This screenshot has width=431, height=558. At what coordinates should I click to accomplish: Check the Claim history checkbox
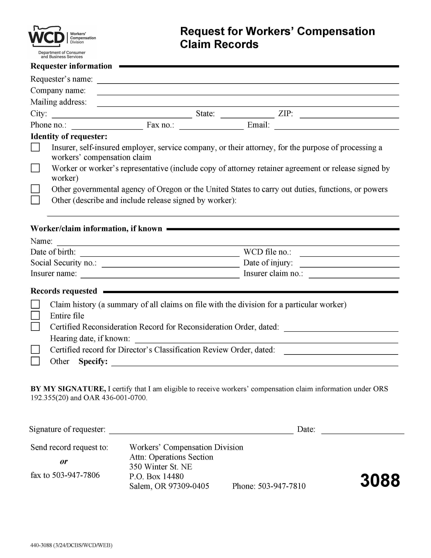(35, 304)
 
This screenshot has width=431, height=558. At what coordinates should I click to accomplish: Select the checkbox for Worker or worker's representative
(35, 168)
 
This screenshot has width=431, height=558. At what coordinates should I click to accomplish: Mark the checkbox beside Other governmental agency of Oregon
(35, 189)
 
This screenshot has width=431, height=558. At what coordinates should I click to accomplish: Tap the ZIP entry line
(349, 115)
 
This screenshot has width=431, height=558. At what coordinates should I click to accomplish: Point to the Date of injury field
(349, 264)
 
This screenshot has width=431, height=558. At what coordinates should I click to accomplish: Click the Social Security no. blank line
(170, 264)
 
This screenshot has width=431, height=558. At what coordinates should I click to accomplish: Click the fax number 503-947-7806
(76, 475)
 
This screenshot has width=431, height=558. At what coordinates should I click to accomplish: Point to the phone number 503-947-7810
(281, 486)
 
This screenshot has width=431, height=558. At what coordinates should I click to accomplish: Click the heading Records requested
(64, 291)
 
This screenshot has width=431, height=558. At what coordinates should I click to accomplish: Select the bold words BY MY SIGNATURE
(68, 389)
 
